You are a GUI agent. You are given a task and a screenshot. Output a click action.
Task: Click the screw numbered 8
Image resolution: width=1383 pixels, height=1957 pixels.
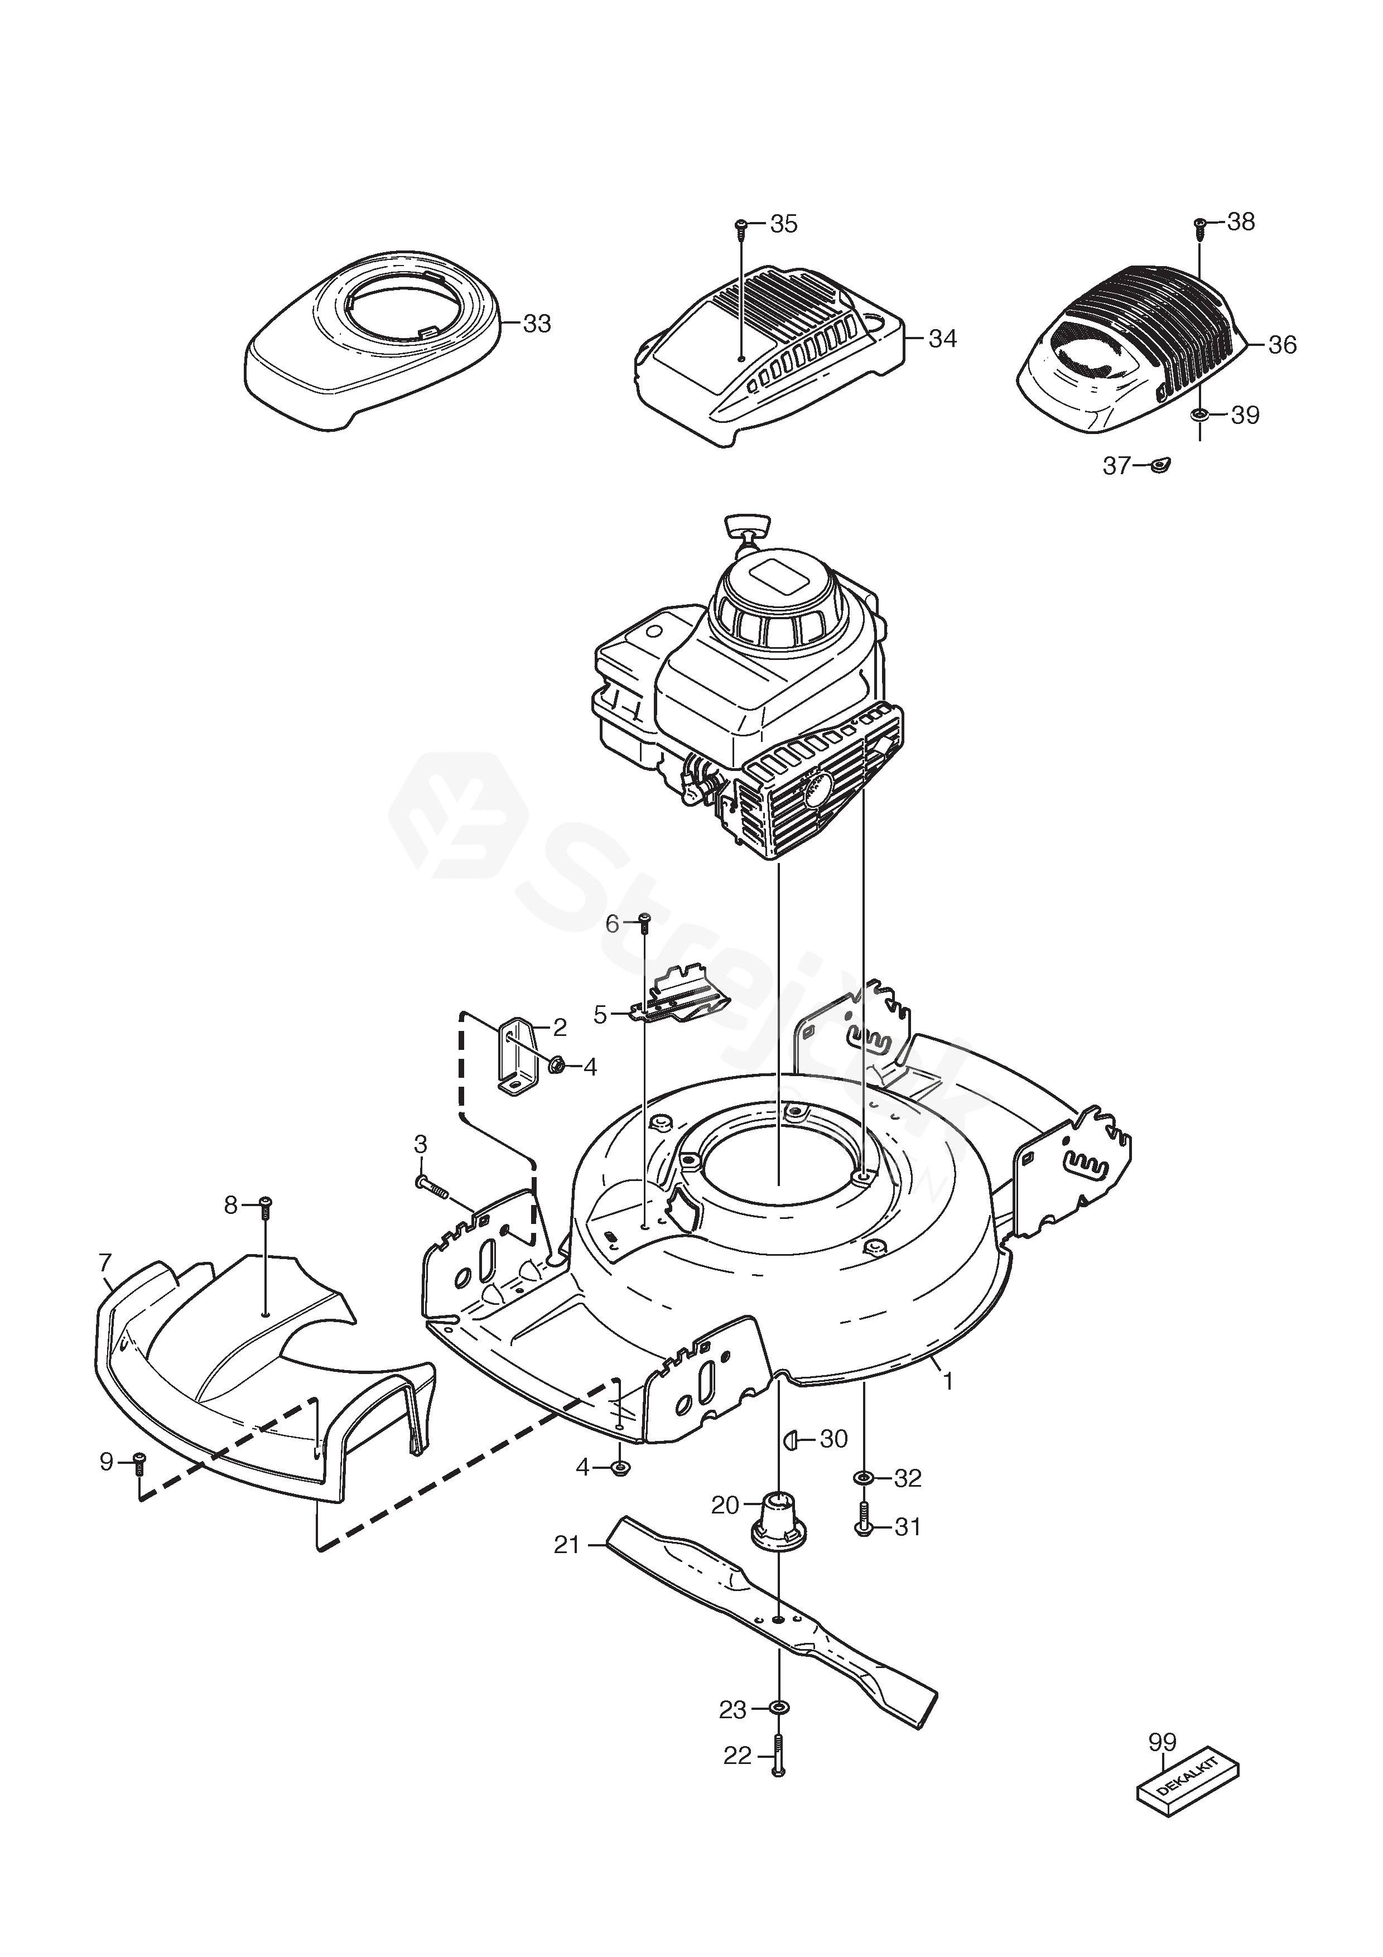pos(265,1204)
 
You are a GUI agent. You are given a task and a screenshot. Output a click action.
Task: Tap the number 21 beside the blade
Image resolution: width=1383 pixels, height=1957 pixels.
pos(567,1545)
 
